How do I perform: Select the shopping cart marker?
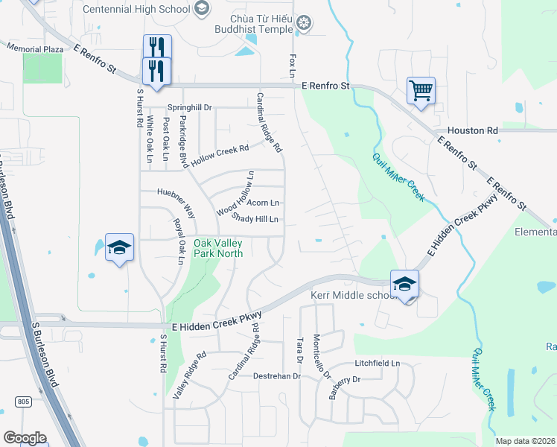[421, 91]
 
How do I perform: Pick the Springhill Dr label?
[189, 107]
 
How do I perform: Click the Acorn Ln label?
[263, 203]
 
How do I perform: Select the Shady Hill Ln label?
[255, 219]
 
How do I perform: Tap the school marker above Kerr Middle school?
[404, 284]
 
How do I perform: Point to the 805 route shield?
[23, 402]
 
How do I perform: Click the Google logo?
[24, 437]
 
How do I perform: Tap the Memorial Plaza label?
[35, 48]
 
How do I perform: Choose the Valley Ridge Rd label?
[188, 376]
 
